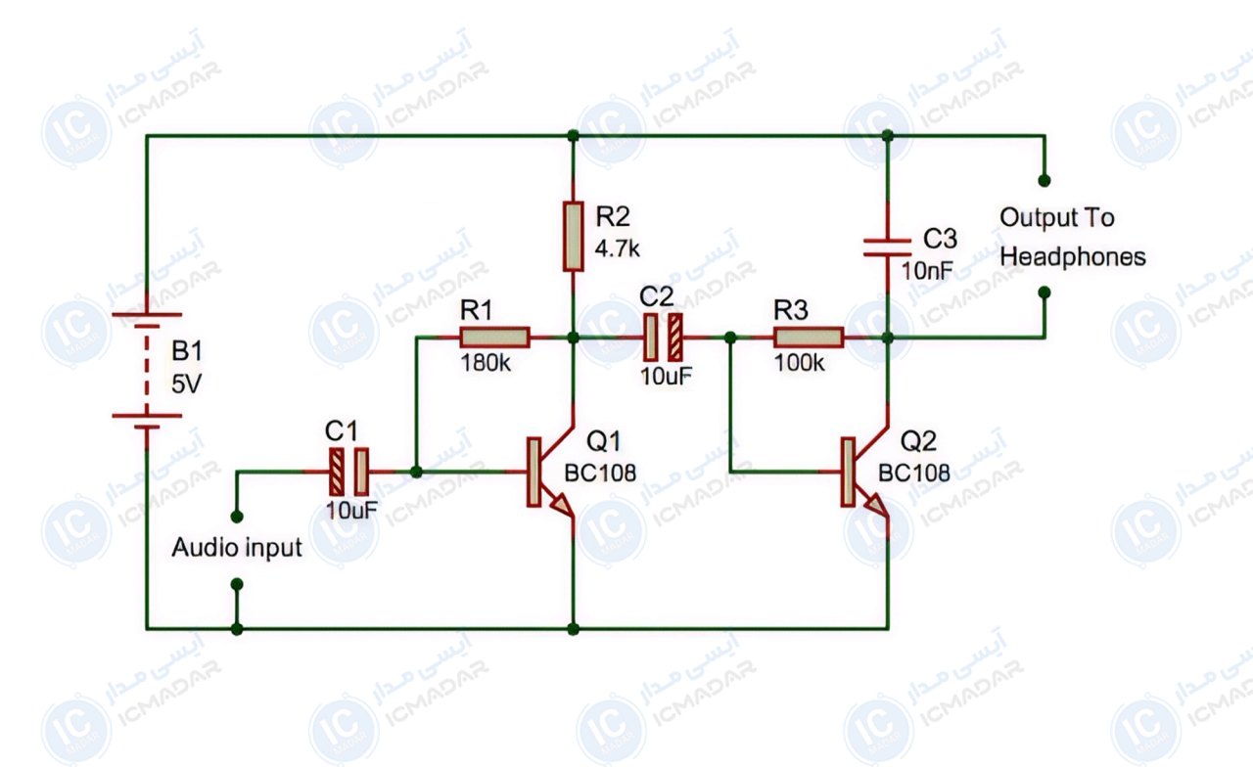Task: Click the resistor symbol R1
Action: pyautogui.click(x=495, y=338)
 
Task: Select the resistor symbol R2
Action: pyautogui.click(x=573, y=237)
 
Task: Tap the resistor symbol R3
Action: pyautogui.click(x=809, y=338)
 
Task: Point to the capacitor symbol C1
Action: pyautogui.click(x=348, y=472)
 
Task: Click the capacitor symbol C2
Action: pyautogui.click(x=663, y=338)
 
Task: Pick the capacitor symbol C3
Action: pyautogui.click(x=888, y=248)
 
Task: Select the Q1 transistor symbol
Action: pyautogui.click(x=551, y=473)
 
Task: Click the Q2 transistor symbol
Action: pyautogui.click(x=865, y=473)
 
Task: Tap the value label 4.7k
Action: pyautogui.click(x=617, y=248)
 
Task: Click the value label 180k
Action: pyautogui.click(x=485, y=363)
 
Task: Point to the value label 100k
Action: pyautogui.click(x=799, y=363)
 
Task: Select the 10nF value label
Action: pyautogui.click(x=927, y=271)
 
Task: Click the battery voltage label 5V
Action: pyautogui.click(x=186, y=384)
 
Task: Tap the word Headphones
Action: pyautogui.click(x=1072, y=257)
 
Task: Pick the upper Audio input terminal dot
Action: pyautogui.click(x=237, y=517)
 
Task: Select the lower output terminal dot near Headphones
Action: pyautogui.click(x=1044, y=293)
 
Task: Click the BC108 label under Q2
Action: pyautogui.click(x=913, y=473)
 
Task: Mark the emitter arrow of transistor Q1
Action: pyautogui.click(x=562, y=505)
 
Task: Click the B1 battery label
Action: pyautogui.click(x=186, y=351)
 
